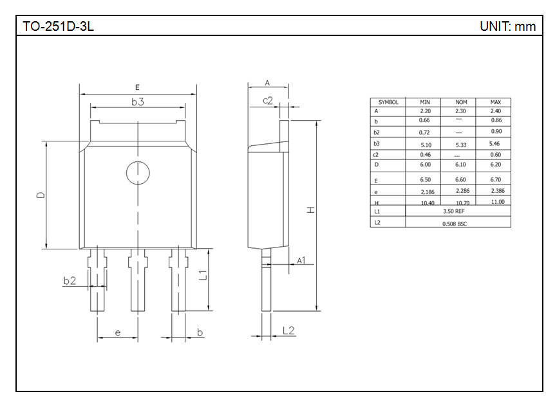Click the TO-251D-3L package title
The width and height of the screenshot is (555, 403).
58,26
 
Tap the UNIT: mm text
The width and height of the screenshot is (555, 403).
507,26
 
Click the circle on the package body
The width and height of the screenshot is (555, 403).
138,173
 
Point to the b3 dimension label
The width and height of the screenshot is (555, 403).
138,102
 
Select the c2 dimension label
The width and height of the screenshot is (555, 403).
268,101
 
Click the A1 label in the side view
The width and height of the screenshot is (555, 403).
301,260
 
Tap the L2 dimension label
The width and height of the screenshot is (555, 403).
288,330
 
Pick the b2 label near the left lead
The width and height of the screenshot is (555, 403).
70,281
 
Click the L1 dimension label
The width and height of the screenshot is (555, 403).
203,275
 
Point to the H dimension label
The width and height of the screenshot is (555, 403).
310,210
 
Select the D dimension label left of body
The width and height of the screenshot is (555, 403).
41,195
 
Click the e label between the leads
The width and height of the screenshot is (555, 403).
118,333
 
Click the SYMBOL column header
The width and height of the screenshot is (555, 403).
388,102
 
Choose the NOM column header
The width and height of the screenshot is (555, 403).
461,102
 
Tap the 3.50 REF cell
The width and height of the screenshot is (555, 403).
454,211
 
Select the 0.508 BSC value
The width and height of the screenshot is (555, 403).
455,224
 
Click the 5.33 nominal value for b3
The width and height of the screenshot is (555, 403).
461,145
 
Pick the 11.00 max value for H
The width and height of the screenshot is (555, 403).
498,202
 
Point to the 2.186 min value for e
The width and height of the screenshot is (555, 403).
428,192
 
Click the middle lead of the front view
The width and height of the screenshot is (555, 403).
138,280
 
